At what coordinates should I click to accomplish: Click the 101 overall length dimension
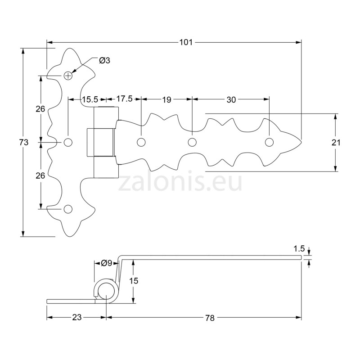[186, 42]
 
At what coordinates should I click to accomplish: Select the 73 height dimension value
[24, 142]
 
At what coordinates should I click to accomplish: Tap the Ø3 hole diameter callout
[104, 60]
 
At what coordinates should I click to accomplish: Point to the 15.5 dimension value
[90, 99]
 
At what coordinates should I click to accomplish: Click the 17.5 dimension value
[125, 99]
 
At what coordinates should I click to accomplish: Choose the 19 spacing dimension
[166, 100]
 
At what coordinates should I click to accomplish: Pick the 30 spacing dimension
[231, 100]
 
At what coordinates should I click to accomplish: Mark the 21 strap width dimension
[336, 143]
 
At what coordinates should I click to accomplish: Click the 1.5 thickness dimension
[299, 248]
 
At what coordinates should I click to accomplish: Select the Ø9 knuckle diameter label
[106, 263]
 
